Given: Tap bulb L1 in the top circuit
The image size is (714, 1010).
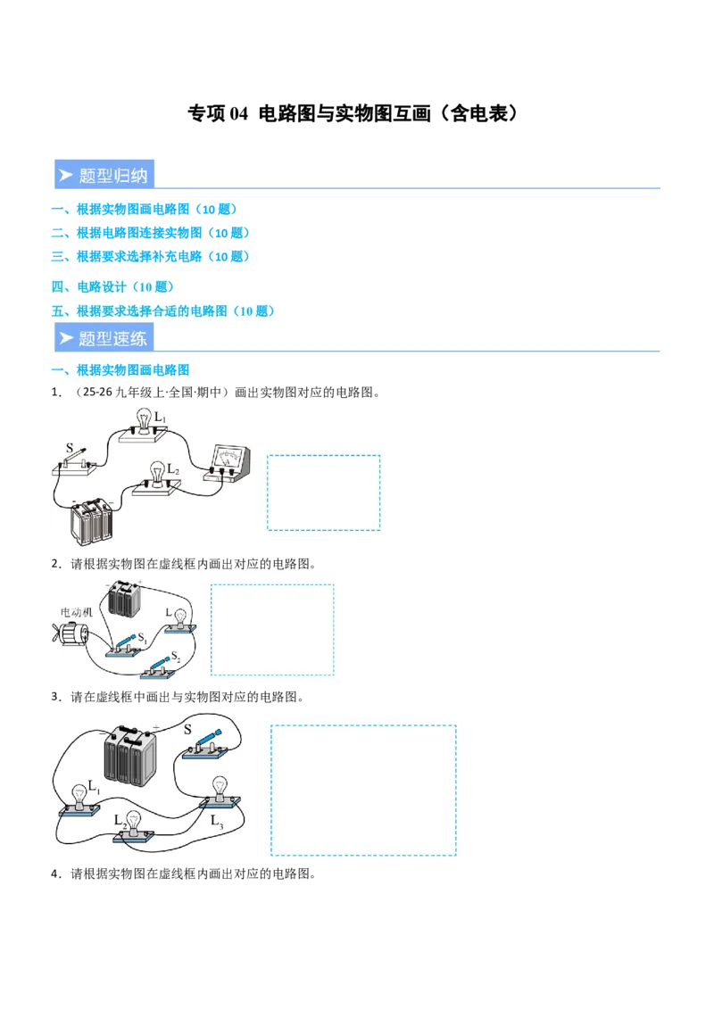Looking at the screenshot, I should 145,422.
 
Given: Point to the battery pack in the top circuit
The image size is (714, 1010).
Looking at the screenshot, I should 92,521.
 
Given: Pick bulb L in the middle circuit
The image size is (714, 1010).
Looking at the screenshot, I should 179,617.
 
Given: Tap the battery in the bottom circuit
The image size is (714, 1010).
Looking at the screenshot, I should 129,755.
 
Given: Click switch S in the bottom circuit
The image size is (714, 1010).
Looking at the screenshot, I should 207,743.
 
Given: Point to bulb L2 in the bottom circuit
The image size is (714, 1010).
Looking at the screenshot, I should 134,826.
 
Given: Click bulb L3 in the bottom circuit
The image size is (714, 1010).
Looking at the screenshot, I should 218,793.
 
